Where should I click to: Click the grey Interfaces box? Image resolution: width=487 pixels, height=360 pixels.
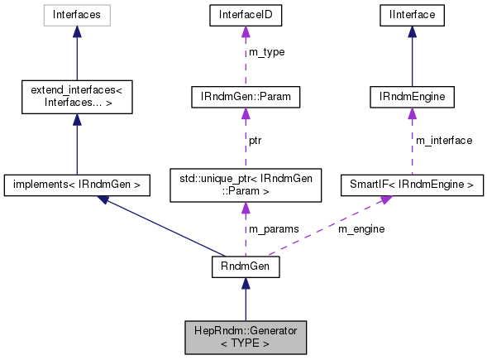click(76, 14)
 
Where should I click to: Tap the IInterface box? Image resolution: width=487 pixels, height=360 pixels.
click(411, 14)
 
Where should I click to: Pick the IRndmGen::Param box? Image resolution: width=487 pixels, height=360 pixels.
click(244, 98)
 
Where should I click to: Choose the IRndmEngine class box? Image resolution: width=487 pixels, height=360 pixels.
click(411, 98)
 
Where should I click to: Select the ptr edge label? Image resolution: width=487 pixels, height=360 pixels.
click(256, 140)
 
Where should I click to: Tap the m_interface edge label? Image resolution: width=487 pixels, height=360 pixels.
click(443, 140)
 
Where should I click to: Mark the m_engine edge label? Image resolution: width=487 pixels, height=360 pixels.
click(360, 228)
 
